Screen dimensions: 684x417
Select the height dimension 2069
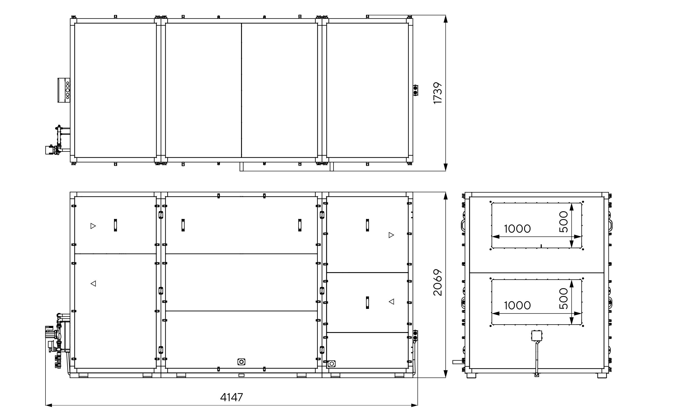click(x=438, y=282)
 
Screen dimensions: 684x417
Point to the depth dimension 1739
click(x=438, y=93)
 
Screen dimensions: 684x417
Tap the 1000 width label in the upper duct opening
click(x=517, y=229)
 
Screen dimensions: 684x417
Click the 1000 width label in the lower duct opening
click(x=517, y=305)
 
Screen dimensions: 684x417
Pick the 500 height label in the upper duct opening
click(x=564, y=222)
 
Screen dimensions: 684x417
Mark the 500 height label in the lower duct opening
click(x=564, y=299)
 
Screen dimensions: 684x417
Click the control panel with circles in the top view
click(x=64, y=90)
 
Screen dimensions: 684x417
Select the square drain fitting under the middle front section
click(x=241, y=362)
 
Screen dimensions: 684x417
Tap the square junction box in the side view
click(x=537, y=336)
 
